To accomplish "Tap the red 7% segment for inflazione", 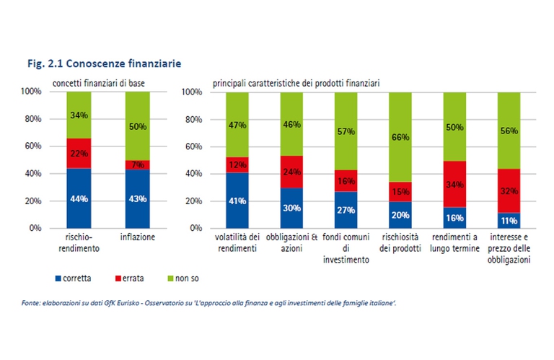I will pyautogui.click(x=137, y=165).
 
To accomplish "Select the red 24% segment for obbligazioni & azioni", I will pyautogui.click(x=291, y=172).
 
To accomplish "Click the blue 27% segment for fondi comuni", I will pyautogui.click(x=346, y=210).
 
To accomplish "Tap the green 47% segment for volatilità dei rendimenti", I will pyautogui.click(x=237, y=124).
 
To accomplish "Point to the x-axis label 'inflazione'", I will pyautogui.click(x=137, y=237).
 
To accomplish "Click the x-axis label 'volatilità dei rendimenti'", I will pyautogui.click(x=237, y=242).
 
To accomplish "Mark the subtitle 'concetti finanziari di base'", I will pyautogui.click(x=100, y=84).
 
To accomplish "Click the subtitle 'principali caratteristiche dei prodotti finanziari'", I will pyautogui.click(x=296, y=84).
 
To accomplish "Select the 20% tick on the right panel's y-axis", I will pyautogui.click(x=191, y=201).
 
